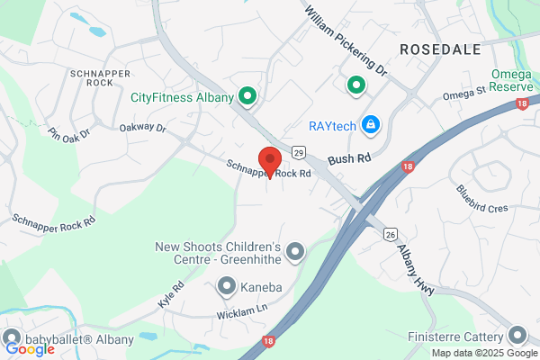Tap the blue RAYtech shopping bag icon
click(x=369, y=124)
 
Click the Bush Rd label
click(x=349, y=158)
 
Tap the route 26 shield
click(x=389, y=234)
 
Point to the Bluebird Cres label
click(x=482, y=199)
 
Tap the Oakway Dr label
click(x=143, y=129)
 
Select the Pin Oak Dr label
click(x=69, y=134)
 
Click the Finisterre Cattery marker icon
click(x=517, y=336)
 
